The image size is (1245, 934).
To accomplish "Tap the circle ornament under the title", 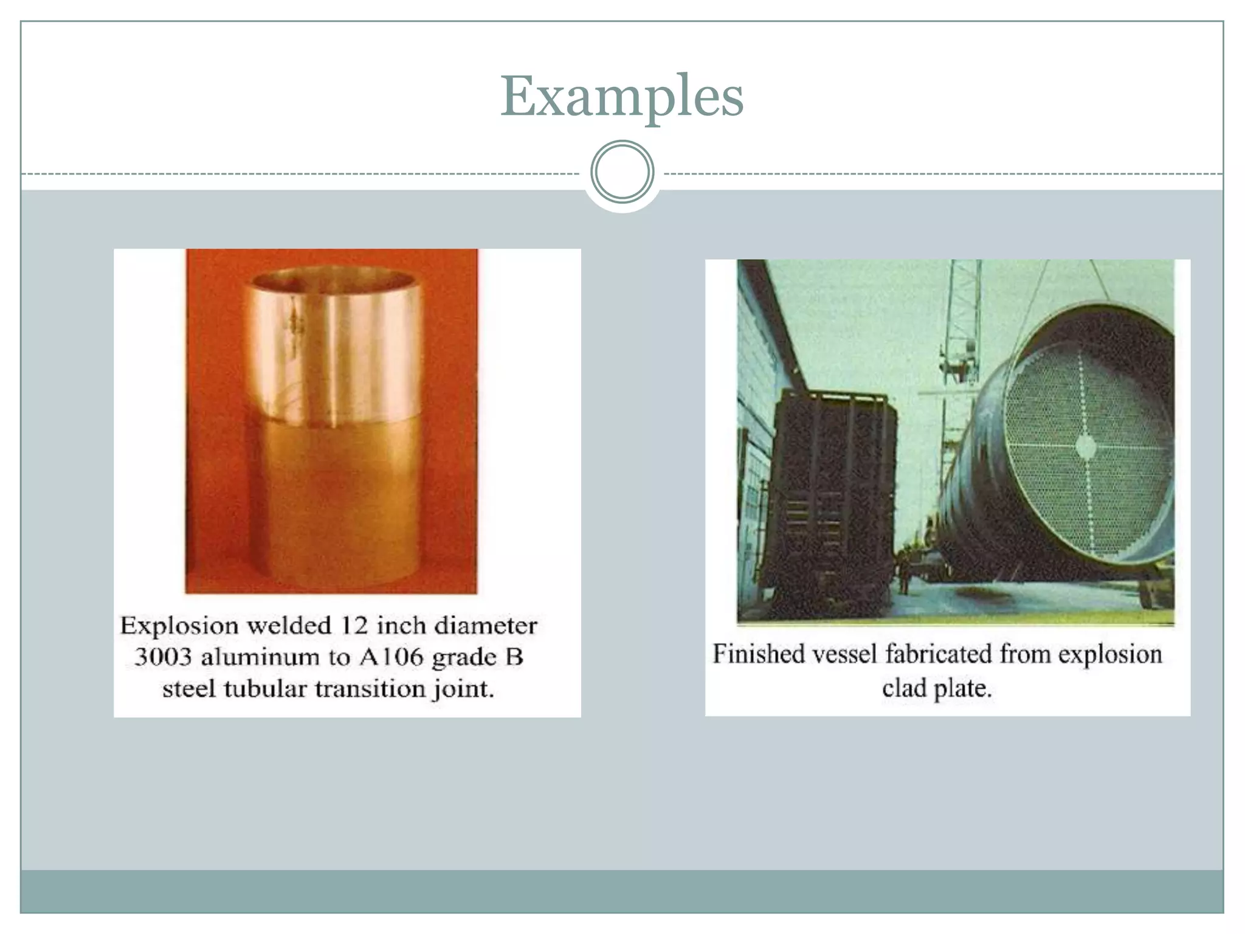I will pyautogui.click(x=622, y=171).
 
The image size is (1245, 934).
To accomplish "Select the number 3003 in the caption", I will pyautogui.click(x=163, y=657).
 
